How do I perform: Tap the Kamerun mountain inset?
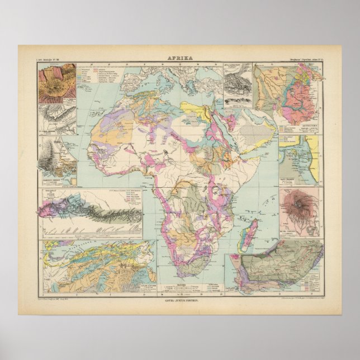pos(56,160)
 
